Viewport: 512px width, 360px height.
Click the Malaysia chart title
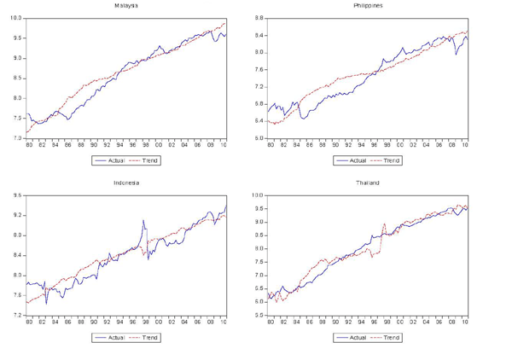tap(127, 5)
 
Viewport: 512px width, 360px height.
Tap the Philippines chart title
tap(368, 5)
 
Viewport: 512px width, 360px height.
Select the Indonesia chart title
tap(127, 183)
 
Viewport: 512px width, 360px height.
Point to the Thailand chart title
tap(368, 183)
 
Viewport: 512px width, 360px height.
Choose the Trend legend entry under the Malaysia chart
tap(145, 160)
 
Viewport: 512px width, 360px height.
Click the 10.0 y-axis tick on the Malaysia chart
tap(16, 18)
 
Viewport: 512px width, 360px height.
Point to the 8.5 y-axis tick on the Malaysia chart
tap(17, 78)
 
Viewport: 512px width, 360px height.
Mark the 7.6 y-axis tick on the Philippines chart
tap(259, 69)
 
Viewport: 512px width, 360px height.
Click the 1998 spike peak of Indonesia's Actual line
tap(144, 220)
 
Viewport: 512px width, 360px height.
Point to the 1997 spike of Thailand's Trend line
tap(385, 224)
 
